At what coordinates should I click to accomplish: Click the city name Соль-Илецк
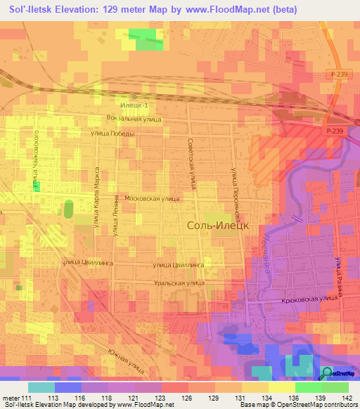click(215, 226)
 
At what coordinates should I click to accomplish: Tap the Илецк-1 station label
click(134, 105)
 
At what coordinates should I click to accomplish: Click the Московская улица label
click(151, 199)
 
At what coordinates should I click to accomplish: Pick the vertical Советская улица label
click(191, 163)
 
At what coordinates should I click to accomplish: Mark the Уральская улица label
click(180, 283)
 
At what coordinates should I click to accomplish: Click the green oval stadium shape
click(69, 209)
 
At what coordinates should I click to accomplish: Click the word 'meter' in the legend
click(12, 398)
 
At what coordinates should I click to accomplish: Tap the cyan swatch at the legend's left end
click(41, 387)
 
